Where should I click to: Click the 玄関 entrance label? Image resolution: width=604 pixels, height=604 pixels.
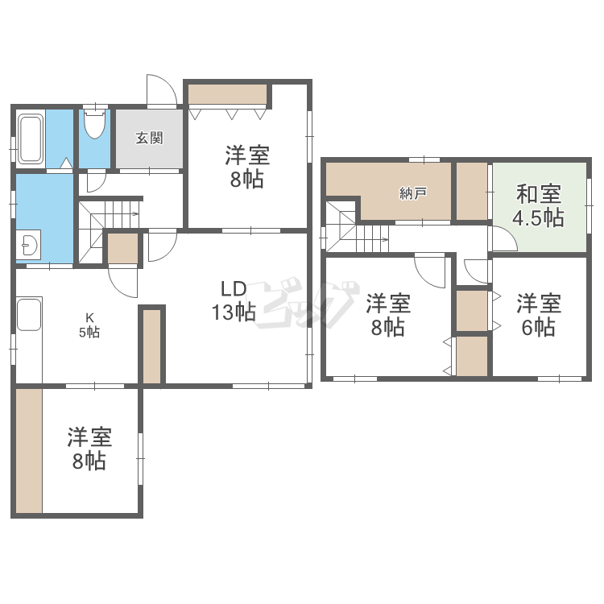click(x=150, y=138)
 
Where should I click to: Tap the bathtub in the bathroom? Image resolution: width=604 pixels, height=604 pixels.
click(x=30, y=139)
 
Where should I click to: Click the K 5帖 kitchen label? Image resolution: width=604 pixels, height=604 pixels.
click(x=89, y=325)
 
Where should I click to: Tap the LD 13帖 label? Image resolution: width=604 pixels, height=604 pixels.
click(x=234, y=300)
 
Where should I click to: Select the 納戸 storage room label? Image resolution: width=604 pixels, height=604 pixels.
click(x=412, y=193)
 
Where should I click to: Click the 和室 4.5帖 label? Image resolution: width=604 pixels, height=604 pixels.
click(x=539, y=205)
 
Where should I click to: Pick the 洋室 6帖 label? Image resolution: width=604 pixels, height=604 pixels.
click(x=539, y=315)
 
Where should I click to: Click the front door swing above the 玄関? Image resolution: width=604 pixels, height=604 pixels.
click(x=162, y=89)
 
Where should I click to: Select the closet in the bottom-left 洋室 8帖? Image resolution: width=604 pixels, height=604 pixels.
click(x=29, y=451)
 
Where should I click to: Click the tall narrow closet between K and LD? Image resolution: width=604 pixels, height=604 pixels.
click(x=151, y=346)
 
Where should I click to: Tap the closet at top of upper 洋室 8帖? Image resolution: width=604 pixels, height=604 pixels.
click(x=227, y=94)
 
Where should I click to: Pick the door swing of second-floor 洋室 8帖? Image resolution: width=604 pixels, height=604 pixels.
click(x=430, y=271)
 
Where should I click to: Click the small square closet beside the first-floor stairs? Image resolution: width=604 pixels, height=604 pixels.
click(x=123, y=249)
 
